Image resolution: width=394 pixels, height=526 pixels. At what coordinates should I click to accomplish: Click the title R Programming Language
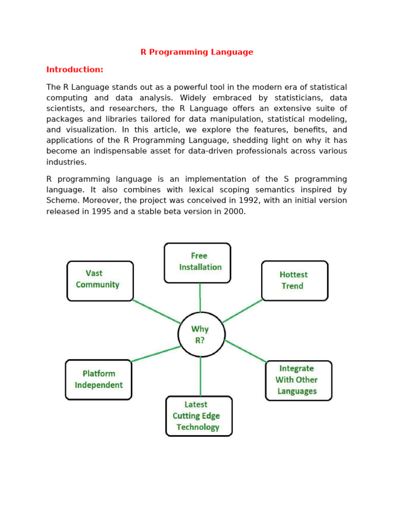point(197,52)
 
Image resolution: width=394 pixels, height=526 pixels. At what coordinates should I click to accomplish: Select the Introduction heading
point(75,69)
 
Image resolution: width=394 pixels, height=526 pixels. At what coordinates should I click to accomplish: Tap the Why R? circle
point(201,334)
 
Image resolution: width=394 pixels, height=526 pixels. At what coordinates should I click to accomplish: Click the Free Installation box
point(198,262)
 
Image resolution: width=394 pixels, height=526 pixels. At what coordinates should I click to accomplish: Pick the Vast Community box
point(100,280)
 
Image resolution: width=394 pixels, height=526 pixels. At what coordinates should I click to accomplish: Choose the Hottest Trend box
point(294,280)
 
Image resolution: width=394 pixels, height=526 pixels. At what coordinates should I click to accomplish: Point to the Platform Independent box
point(98,380)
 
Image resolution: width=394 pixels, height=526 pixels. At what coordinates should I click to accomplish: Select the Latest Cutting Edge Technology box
point(199,416)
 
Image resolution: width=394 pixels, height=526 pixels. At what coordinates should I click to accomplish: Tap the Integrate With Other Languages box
point(299,381)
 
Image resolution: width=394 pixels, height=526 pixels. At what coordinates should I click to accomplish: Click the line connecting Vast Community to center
point(156,312)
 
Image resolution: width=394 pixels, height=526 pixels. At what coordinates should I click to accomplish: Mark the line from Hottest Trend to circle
point(242,311)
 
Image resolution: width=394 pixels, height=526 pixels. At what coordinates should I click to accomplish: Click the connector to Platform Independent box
point(156,354)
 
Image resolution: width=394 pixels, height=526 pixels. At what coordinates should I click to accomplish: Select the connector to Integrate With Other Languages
point(245,351)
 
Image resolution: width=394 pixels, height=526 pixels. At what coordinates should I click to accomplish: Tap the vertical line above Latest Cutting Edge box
point(201,376)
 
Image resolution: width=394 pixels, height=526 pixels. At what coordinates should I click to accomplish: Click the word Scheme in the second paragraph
point(62,200)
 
